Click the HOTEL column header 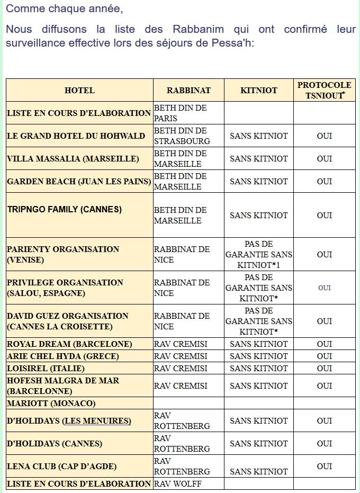(79, 91)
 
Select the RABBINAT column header (188, 91)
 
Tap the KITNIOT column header (259, 91)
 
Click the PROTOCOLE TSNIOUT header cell (324, 91)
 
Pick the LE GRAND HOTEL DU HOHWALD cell (76, 136)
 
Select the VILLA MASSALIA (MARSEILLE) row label (73, 159)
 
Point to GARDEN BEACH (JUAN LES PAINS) (79, 182)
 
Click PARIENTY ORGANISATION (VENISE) (63, 255)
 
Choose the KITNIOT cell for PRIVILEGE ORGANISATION (259, 288)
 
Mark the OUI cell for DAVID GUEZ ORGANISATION (324, 321)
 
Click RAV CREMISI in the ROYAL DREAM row (181, 344)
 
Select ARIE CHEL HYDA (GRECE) (63, 356)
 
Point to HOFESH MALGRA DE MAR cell (63, 386)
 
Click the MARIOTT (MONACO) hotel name (51, 404)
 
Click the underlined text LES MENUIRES (97, 421)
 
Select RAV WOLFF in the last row (178, 483)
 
